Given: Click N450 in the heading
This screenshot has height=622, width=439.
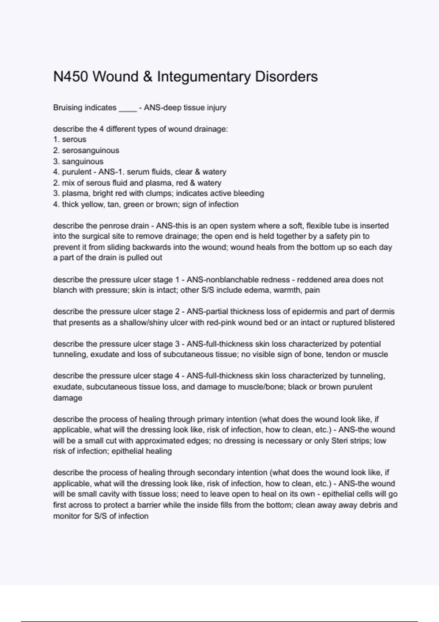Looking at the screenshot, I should point(71,77).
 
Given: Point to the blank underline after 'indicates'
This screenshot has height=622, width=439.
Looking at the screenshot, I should point(128,109).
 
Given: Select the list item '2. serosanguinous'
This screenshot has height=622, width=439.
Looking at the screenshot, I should point(86,150).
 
